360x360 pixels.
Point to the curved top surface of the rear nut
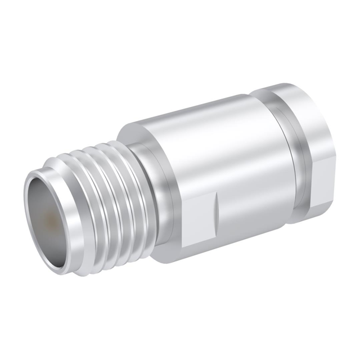[287, 90]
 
